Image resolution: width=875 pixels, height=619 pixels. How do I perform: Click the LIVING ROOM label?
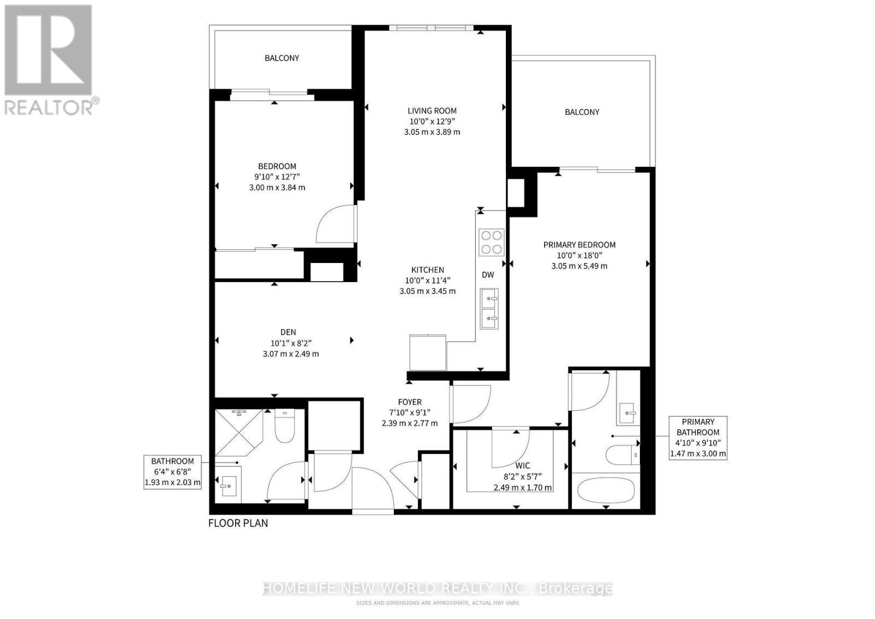(431, 111)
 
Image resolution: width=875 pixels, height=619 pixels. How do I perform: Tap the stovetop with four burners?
(491, 242)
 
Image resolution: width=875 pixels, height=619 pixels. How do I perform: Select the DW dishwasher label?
(488, 275)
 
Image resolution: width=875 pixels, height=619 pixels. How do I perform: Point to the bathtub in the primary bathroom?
(606, 489)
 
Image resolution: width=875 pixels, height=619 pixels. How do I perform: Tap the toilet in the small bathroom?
(284, 426)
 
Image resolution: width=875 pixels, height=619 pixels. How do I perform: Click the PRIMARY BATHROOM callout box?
(698, 437)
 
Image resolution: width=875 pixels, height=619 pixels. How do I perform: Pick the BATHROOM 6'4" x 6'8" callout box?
(172, 472)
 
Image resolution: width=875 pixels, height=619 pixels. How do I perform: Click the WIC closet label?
(522, 466)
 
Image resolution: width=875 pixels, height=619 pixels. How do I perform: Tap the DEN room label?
(288, 332)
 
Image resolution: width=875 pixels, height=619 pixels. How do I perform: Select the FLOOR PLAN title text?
(238, 523)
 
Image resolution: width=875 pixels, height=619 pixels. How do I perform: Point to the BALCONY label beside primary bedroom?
(582, 112)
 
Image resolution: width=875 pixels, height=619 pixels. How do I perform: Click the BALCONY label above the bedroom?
(282, 58)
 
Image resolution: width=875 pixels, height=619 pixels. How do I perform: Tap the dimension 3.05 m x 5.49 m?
(579, 266)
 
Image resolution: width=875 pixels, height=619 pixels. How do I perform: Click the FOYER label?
(409, 402)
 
